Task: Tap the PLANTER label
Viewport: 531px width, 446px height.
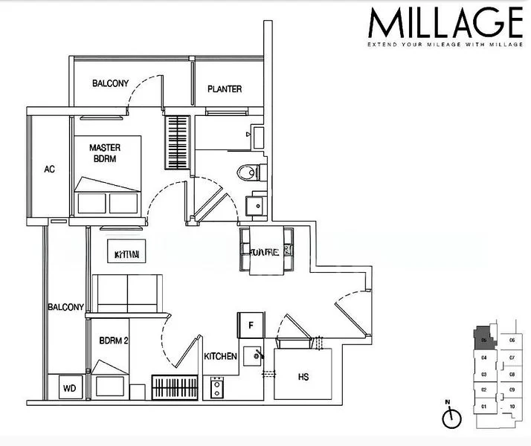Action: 225,89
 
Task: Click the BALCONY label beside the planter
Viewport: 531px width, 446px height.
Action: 110,83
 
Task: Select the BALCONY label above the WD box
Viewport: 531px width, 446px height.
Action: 65,306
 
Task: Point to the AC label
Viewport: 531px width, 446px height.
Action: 49,169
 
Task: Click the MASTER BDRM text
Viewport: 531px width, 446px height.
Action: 104,152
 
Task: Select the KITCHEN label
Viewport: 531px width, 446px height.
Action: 220,357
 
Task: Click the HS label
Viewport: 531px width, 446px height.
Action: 303,378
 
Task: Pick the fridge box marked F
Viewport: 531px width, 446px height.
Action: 251,325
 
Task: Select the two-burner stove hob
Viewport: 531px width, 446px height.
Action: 217,387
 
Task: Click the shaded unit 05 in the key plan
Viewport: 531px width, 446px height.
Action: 484,338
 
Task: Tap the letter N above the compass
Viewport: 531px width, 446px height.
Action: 448,404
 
